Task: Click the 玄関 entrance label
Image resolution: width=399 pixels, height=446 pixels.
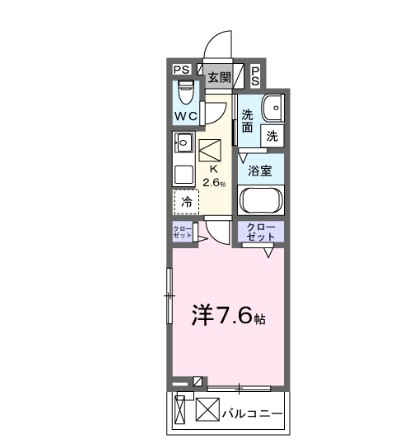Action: [218, 76]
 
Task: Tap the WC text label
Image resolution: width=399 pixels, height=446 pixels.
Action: [186, 117]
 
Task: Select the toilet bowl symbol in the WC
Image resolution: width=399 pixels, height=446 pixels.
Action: [184, 95]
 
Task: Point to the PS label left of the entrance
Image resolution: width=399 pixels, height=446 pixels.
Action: [181, 70]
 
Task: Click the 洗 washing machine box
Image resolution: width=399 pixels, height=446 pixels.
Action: [271, 135]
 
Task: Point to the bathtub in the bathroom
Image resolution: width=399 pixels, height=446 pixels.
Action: [261, 199]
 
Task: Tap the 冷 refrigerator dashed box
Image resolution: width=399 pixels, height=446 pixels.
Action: [187, 202]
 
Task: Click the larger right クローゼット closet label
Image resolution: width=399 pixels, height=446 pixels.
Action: [259, 231]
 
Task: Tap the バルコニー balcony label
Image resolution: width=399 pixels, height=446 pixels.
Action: [251, 411]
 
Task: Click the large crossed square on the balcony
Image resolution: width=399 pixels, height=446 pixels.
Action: [207, 410]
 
